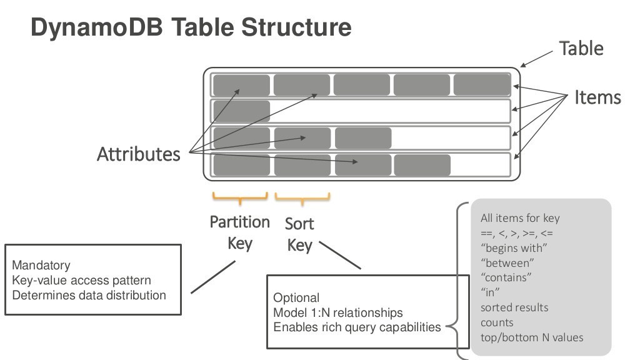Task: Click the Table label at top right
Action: [581, 49]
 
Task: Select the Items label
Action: [597, 97]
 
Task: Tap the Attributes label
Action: [138, 154]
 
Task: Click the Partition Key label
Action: [239, 232]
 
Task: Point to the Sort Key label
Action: [299, 234]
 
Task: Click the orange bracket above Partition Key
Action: [240, 199]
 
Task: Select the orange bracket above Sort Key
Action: [302, 199]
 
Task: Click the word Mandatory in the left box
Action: [41, 266]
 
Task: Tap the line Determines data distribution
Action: [89, 294]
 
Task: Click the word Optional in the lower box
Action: [296, 297]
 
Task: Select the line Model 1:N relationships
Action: [337, 312]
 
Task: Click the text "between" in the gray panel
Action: [507, 263]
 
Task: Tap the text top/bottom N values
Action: [531, 337]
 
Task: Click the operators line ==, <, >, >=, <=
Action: [516, 233]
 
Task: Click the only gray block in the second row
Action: [241, 111]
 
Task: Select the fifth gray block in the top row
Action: [481, 84]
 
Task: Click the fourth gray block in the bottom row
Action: [422, 165]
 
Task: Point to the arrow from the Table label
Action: [536, 58]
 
